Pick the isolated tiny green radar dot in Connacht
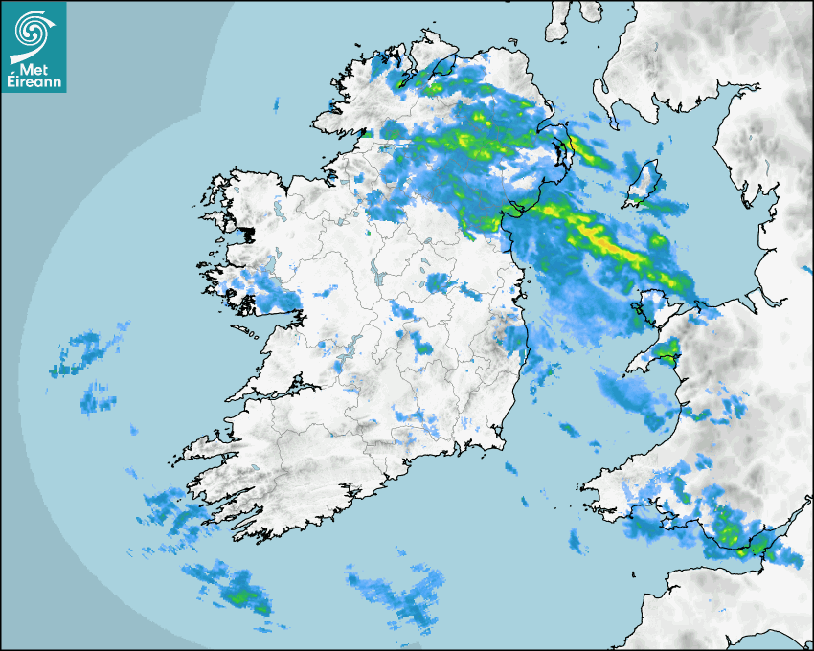point(367,231)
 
